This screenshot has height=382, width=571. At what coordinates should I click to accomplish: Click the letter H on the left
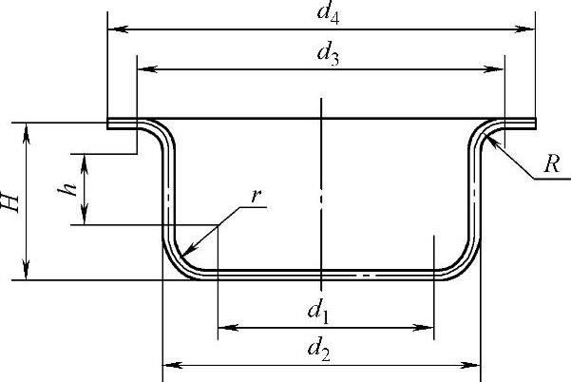click(x=10, y=201)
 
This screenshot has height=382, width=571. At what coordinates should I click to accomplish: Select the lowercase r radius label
click(x=256, y=197)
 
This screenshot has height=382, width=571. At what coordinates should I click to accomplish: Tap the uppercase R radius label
click(x=551, y=163)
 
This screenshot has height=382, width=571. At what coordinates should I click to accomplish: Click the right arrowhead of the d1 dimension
click(x=428, y=328)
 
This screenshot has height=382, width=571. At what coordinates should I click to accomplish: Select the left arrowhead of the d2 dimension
click(x=169, y=364)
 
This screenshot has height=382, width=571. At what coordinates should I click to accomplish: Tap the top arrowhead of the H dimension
click(x=28, y=127)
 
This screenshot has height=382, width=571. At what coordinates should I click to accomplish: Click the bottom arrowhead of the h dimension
click(x=85, y=219)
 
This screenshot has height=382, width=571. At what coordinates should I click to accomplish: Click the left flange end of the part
click(x=108, y=123)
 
